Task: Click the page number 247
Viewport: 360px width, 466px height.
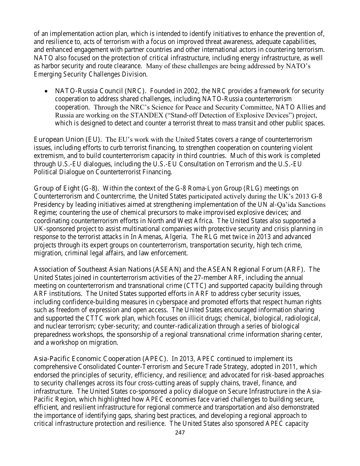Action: pyautogui.click(x=180, y=432)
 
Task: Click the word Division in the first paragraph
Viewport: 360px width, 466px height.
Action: pyautogui.click(x=135, y=74)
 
